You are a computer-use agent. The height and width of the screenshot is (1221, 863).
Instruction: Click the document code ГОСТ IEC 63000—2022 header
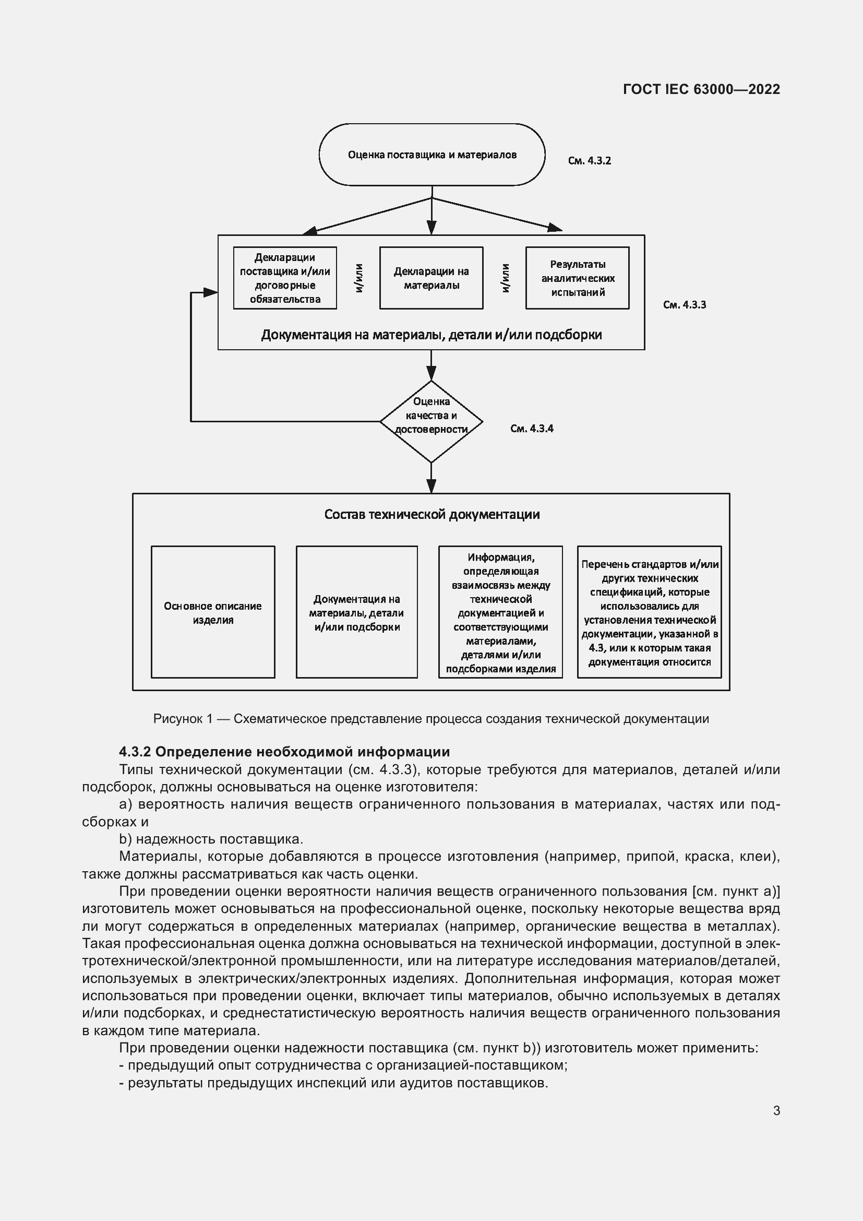click(701, 89)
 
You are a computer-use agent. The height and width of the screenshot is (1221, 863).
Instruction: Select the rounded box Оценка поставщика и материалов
click(431, 155)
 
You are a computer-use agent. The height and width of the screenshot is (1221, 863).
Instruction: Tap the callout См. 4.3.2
click(589, 161)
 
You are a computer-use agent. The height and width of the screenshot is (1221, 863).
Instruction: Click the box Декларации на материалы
click(431, 278)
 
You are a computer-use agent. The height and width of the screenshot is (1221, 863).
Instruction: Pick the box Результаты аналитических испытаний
click(577, 278)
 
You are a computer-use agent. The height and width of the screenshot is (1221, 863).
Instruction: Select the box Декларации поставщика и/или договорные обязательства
click(285, 278)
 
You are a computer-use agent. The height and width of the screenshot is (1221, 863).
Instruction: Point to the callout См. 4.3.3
click(685, 305)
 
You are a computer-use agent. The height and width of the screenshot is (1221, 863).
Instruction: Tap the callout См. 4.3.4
click(531, 429)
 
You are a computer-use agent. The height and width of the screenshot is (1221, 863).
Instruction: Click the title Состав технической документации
click(431, 514)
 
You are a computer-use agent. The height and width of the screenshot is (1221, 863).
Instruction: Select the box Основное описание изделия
click(212, 612)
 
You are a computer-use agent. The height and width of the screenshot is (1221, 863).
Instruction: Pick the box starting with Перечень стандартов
click(649, 612)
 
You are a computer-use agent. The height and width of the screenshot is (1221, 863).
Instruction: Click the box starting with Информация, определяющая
click(500, 612)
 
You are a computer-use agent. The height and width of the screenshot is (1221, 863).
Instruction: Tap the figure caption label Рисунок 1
click(182, 719)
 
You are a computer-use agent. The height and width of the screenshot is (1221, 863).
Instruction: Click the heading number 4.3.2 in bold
click(135, 751)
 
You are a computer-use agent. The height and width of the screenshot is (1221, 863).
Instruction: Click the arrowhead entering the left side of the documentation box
click(211, 292)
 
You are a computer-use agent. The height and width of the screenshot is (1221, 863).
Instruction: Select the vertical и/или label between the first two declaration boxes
click(358, 278)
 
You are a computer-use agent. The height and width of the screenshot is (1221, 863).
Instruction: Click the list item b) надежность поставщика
click(211, 839)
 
